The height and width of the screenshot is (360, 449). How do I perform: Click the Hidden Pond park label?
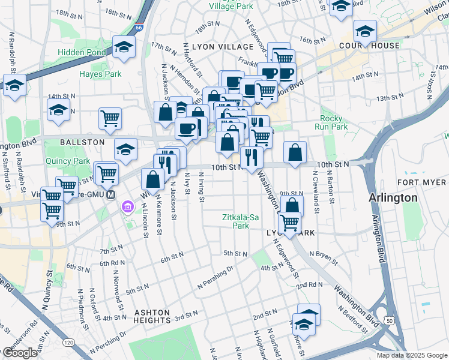tap(81, 52)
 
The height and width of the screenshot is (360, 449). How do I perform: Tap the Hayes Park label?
tap(100, 74)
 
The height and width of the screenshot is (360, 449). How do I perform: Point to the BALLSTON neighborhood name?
tap(82, 142)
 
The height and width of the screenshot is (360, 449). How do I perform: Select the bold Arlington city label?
tap(393, 197)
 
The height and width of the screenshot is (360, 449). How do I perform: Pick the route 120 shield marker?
tap(68, 341)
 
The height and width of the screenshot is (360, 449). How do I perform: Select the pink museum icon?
tap(127, 208)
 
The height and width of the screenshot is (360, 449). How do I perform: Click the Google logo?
tap(20, 353)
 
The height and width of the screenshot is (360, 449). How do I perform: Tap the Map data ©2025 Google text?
tap(412, 355)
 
